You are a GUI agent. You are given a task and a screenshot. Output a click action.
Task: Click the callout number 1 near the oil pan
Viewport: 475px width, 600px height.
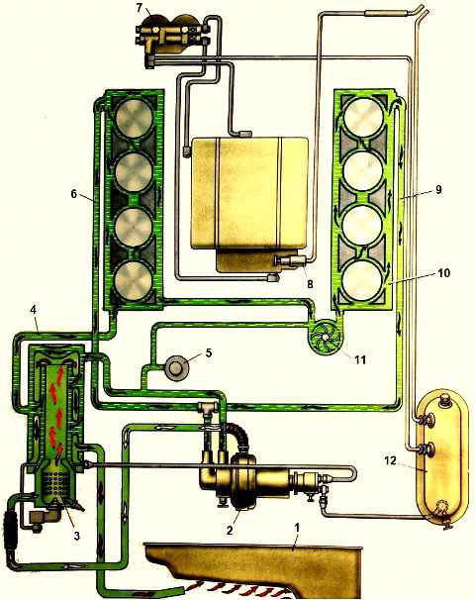(x=297, y=528)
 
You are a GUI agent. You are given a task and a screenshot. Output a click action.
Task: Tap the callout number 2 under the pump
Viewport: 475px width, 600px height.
(x=230, y=530)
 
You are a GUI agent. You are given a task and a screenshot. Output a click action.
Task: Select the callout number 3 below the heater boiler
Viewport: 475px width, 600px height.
(x=77, y=536)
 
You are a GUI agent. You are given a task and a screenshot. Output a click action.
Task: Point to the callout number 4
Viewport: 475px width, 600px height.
(x=34, y=310)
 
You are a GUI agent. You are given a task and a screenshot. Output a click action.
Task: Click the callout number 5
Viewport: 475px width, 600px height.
(x=209, y=352)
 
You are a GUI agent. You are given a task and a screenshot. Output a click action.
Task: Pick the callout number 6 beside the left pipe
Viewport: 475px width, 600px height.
(x=74, y=194)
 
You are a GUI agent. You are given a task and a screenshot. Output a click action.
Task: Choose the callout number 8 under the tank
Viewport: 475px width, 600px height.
(x=310, y=284)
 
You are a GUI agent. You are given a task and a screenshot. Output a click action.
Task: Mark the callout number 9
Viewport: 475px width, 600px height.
(x=438, y=189)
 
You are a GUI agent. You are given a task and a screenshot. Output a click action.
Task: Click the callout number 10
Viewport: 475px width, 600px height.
(x=444, y=273)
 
